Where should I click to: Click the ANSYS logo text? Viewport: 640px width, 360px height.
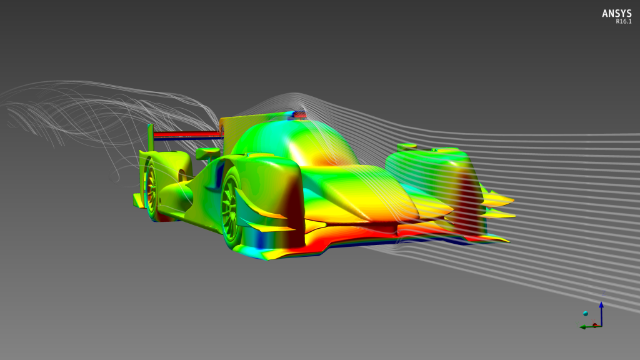(616, 14)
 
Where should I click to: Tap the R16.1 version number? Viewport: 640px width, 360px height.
(623, 22)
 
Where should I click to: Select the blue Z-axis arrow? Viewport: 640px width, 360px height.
(601, 314)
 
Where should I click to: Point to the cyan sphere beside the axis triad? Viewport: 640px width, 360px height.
(585, 314)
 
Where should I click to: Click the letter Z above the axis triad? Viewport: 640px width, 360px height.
(603, 293)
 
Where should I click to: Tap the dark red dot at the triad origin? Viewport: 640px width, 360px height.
(595, 325)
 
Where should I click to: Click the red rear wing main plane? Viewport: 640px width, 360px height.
(187, 134)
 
